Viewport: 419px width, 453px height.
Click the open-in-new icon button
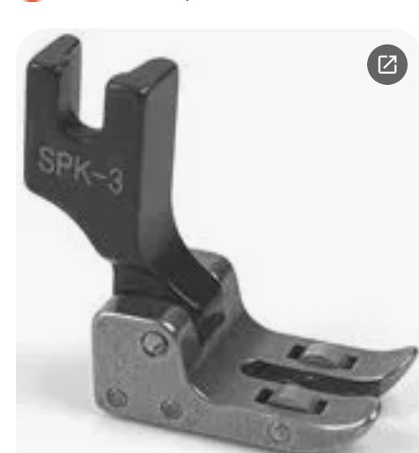click(x=387, y=65)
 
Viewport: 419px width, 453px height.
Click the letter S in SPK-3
click(x=48, y=160)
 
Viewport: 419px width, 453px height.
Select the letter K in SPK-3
click(x=81, y=172)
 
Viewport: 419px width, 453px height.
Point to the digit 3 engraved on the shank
click(x=114, y=182)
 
